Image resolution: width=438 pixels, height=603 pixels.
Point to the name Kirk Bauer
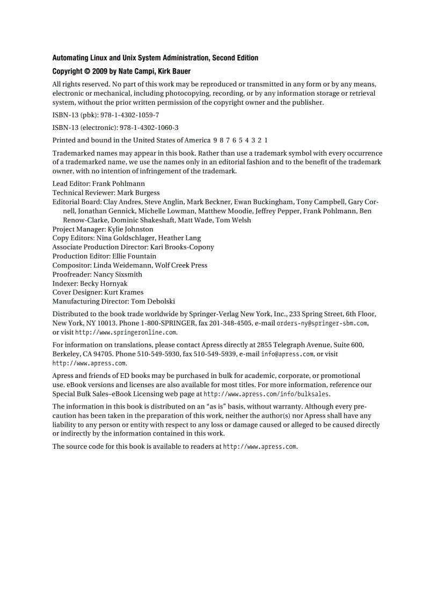coord(174,71)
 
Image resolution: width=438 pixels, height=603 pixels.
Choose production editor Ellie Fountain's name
coord(134,256)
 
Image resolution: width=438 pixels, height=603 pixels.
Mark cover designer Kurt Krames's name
coord(124,293)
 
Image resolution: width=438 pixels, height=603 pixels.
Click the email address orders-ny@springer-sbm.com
coord(322,323)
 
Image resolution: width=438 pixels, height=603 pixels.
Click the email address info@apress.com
coord(287,354)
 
